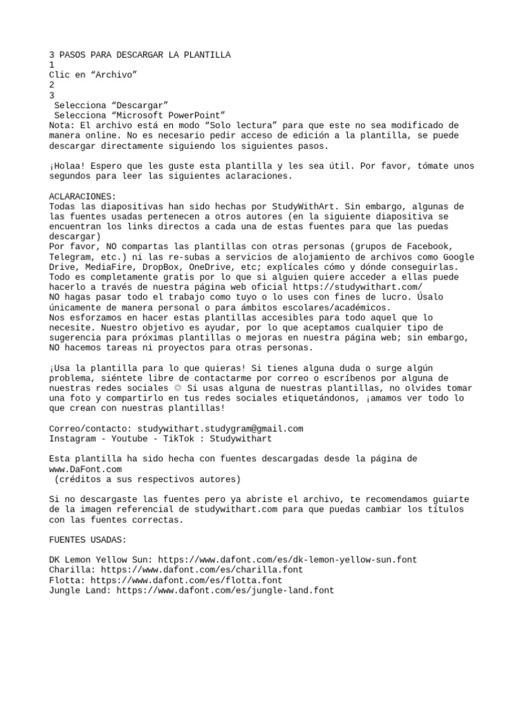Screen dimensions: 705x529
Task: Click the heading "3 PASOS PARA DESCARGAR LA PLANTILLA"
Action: pyautogui.click(x=140, y=55)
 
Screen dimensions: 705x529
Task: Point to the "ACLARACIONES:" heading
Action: pyautogui.click(x=83, y=196)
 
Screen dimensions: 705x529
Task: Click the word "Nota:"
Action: pyautogui.click(x=63, y=125)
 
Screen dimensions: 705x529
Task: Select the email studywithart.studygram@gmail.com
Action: pyautogui.click(x=220, y=428)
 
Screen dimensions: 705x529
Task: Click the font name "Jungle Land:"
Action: pyautogui.click(x=80, y=590)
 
